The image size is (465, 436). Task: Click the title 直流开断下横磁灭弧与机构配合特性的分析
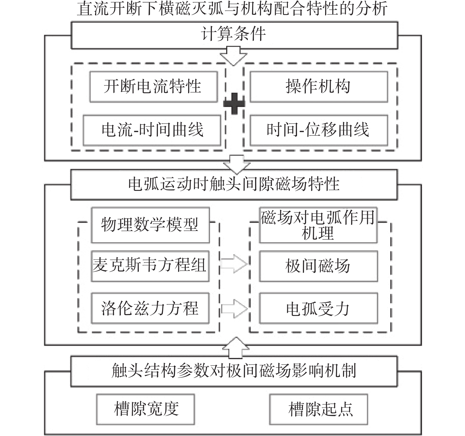coord(232,9)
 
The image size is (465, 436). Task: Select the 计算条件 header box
coord(234,35)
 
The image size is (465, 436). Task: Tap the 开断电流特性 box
coord(154,87)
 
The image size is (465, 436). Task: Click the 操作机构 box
coord(319,87)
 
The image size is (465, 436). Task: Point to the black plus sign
coord(234,103)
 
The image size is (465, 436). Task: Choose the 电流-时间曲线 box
coord(152,130)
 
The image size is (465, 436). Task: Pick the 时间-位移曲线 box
coord(319,130)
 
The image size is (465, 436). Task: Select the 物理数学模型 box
coord(150,225)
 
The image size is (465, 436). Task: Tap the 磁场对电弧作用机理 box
coord(318,225)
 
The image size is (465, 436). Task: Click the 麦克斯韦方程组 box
coord(150,266)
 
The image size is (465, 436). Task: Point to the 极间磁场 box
coord(318,266)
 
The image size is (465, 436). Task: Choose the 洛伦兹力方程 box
coord(150,308)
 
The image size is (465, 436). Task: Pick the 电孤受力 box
coord(318,308)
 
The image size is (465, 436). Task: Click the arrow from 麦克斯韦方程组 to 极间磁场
coord(234,264)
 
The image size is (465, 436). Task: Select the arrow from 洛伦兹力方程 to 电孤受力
coord(234,309)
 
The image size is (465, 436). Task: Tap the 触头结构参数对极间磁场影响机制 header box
coord(234,371)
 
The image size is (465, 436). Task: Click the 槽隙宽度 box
coord(146,409)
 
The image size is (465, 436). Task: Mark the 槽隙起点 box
coord(319,409)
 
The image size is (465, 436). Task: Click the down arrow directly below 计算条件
coord(234,56)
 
